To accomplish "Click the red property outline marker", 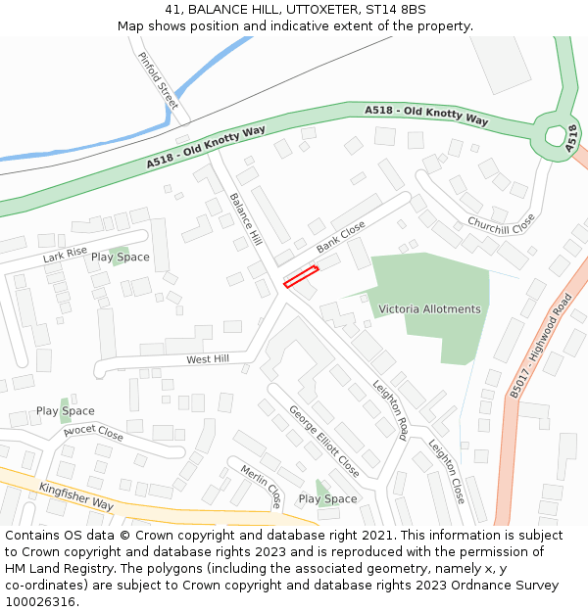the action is [x=301, y=277].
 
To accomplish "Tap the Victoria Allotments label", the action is [x=430, y=309].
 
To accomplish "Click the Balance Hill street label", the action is [x=246, y=218].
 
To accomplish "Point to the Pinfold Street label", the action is [x=158, y=80].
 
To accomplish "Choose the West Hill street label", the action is [x=208, y=359].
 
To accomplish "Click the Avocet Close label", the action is [x=93, y=432].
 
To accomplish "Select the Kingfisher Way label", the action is [x=76, y=496].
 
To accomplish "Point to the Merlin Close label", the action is [x=261, y=487].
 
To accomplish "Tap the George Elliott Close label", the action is [x=323, y=443].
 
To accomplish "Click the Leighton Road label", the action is [x=389, y=409].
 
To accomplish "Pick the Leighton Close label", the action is [x=446, y=471].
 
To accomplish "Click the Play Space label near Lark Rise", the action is [x=121, y=258].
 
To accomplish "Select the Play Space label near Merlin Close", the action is [x=327, y=499].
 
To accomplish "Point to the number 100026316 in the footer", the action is [x=40, y=602].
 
